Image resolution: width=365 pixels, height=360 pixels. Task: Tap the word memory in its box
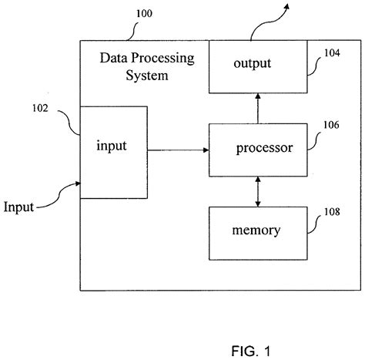click(x=257, y=230)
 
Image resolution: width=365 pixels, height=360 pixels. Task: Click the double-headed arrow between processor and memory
click(x=258, y=189)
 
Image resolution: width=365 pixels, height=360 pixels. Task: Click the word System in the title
click(x=148, y=76)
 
